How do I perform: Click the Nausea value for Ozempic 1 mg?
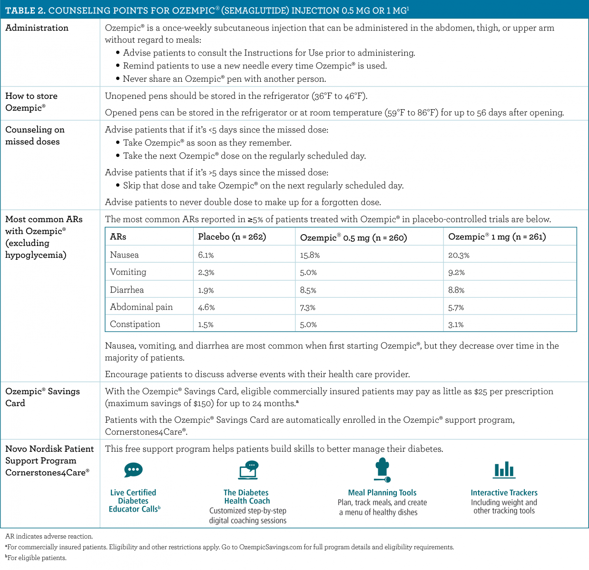tap(459, 255)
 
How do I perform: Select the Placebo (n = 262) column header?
tap(232, 237)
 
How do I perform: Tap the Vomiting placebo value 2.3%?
tap(206, 273)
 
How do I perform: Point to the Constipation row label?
tap(135, 324)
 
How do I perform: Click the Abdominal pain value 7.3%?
tap(307, 308)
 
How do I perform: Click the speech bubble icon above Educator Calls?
tap(133, 470)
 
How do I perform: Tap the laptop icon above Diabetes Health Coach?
tap(248, 470)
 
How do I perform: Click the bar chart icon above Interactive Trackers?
tap(504, 469)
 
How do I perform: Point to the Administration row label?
tap(37, 28)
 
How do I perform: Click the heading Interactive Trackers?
tap(504, 493)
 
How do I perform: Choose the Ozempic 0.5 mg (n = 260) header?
tap(353, 237)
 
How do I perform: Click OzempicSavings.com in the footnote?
tap(270, 547)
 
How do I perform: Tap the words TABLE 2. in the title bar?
tap(25, 10)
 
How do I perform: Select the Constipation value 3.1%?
tap(456, 325)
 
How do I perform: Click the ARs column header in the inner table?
tap(118, 237)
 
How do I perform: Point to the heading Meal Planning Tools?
tap(382, 493)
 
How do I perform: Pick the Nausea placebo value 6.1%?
tap(206, 255)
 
